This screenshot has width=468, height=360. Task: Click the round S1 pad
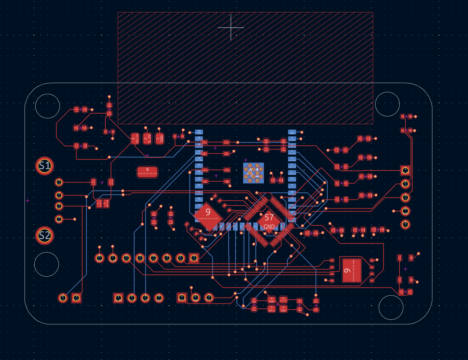pyautogui.click(x=45, y=166)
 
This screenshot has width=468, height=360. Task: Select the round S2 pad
pyautogui.click(x=45, y=235)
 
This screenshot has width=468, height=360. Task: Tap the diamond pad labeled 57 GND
pyautogui.click(x=269, y=222)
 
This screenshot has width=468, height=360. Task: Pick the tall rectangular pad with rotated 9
pyautogui.click(x=352, y=270)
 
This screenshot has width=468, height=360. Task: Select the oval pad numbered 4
pyautogui.click(x=147, y=172)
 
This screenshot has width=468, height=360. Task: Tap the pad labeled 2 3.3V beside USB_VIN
pyautogui.click(x=147, y=139)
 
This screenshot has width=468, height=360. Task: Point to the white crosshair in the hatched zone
pyautogui.click(x=231, y=28)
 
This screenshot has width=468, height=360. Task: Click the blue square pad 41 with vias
pyautogui.click(x=254, y=173)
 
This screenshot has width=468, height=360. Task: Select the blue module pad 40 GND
pyautogui.click(x=199, y=132)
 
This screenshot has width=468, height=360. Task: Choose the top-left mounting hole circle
pyautogui.click(x=48, y=106)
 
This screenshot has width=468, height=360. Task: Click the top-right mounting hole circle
pyautogui.click(x=387, y=104)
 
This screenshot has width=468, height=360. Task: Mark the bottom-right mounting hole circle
pyautogui.click(x=391, y=307)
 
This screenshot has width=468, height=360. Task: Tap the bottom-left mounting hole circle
pyautogui.click(x=46, y=264)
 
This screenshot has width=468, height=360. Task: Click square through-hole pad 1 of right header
pyautogui.click(x=405, y=170)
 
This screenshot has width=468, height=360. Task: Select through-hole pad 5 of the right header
pyautogui.click(x=405, y=224)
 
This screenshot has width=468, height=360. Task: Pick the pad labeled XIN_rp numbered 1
pyautogui.click(x=271, y=308)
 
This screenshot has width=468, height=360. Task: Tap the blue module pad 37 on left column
pyautogui.click(x=199, y=152)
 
